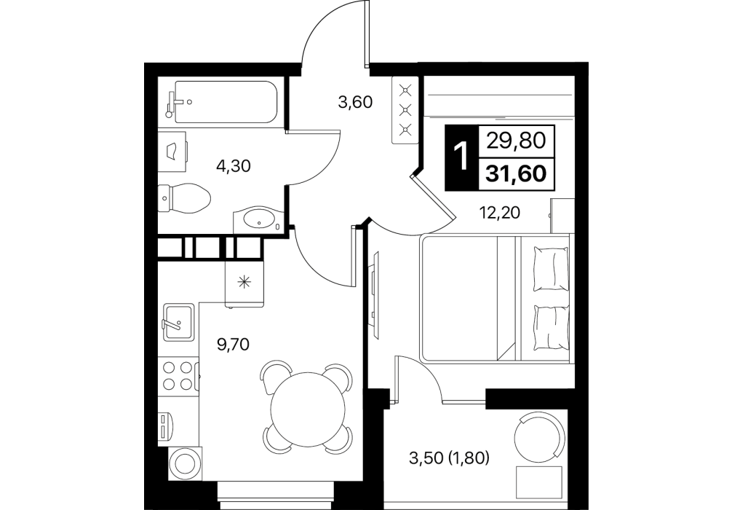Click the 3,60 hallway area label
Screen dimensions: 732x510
(x=355, y=102)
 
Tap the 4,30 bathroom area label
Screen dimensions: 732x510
(x=234, y=165)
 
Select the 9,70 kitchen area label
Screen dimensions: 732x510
(x=233, y=345)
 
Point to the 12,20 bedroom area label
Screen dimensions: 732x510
(x=500, y=213)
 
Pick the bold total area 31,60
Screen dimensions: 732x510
(x=516, y=174)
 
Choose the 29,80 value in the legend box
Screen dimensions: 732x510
(x=516, y=140)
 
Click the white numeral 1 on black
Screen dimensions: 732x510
(x=461, y=157)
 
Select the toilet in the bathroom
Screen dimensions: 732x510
(x=184, y=197)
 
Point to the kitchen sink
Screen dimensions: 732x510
(x=178, y=321)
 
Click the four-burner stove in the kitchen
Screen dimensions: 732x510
(x=178, y=376)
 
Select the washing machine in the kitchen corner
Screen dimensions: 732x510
(x=184, y=464)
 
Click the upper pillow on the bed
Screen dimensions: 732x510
(x=552, y=270)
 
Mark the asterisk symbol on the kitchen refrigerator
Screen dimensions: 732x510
(x=244, y=282)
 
